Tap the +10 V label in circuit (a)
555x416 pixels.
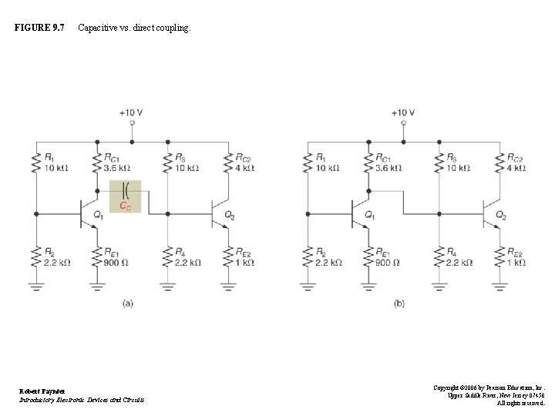[x=132, y=112]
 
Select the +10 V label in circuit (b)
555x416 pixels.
[x=402, y=112]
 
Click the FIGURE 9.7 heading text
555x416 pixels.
[x=39, y=29]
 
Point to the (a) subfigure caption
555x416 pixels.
[x=129, y=304]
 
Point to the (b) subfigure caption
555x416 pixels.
[x=399, y=304]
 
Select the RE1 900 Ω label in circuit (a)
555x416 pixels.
[x=117, y=257]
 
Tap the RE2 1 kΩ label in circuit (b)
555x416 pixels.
[x=516, y=257]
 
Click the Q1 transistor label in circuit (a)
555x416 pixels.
[x=98, y=215]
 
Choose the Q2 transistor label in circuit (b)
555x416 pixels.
[x=500, y=215]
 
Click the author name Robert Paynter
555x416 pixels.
[x=43, y=391]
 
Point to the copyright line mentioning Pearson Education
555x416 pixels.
[x=489, y=388]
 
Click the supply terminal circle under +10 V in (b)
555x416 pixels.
[x=402, y=123]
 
